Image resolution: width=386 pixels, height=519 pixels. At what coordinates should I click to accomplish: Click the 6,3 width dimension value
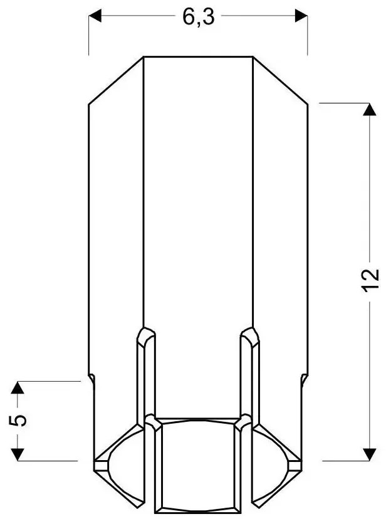point(199,17)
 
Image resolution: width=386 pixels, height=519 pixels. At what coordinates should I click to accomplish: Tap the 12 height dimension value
point(370,281)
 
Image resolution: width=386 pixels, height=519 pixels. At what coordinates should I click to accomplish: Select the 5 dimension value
point(20,420)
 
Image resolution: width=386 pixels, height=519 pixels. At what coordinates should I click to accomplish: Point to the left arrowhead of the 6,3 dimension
point(95,18)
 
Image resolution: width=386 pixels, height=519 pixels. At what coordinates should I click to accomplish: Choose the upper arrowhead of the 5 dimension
point(19,388)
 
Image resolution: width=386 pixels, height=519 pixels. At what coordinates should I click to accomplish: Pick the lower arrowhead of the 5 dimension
point(19,453)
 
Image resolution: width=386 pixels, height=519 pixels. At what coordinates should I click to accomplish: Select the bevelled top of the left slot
point(145,335)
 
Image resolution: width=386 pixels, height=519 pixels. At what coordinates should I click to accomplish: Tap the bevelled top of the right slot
point(249,335)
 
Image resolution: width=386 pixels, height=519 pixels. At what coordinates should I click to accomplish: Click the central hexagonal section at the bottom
point(198,464)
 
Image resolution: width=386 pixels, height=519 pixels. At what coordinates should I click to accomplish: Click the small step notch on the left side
point(91,380)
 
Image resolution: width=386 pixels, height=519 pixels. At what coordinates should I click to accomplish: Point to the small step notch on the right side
point(304,380)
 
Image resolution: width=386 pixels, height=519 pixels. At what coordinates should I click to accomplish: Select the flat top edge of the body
point(198,57)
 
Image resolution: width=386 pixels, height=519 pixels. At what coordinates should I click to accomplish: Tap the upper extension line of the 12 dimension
point(342,102)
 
